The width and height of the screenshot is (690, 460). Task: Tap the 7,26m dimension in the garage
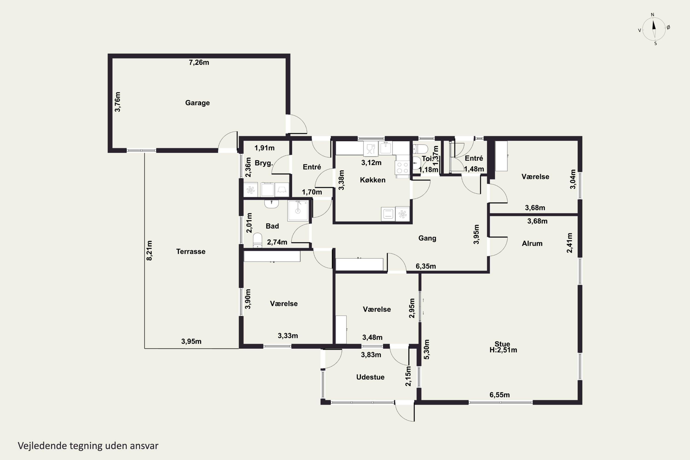click(199, 63)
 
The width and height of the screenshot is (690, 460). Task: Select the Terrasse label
click(191, 251)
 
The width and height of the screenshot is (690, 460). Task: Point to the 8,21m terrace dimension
click(149, 250)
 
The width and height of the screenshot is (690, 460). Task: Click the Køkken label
click(373, 180)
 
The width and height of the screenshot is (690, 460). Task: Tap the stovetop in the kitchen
click(402, 167)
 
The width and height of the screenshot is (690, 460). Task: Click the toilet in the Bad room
click(258, 241)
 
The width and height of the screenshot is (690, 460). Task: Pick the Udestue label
click(370, 377)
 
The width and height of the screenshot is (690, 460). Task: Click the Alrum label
click(532, 244)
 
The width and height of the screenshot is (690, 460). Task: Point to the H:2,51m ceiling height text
click(503, 350)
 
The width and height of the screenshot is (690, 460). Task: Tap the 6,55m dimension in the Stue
click(500, 395)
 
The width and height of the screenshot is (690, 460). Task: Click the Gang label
click(427, 238)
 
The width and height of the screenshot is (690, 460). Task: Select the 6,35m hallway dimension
click(426, 266)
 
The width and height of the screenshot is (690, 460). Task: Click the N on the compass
click(653, 15)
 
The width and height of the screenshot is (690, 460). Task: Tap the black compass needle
click(654, 24)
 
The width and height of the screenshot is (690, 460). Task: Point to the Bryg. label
click(264, 163)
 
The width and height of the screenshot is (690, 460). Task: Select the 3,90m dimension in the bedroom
click(248, 299)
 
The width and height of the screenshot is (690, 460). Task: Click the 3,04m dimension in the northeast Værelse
click(573, 179)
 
